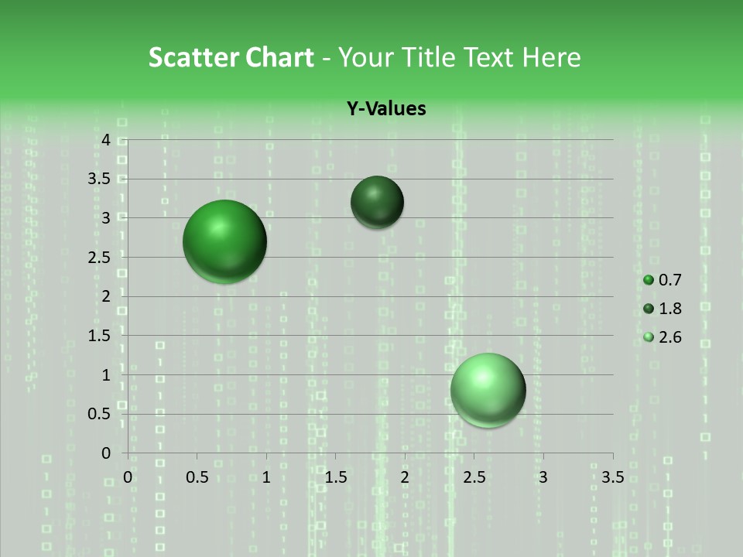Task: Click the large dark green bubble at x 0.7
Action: (x=224, y=241)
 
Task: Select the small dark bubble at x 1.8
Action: (x=377, y=202)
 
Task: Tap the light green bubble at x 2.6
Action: (x=488, y=390)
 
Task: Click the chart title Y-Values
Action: (x=386, y=108)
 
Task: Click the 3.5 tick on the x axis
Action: (x=612, y=477)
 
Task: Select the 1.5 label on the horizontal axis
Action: (x=335, y=477)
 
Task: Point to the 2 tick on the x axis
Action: (x=405, y=477)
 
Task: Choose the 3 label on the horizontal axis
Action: (x=543, y=477)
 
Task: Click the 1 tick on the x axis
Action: (x=266, y=477)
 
